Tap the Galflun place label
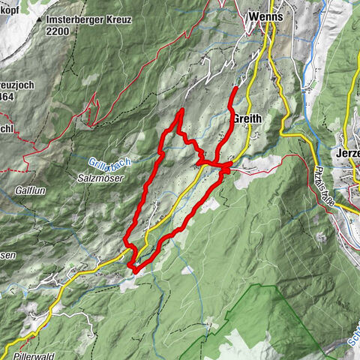coord(29,191)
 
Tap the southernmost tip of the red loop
coord(133,267)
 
